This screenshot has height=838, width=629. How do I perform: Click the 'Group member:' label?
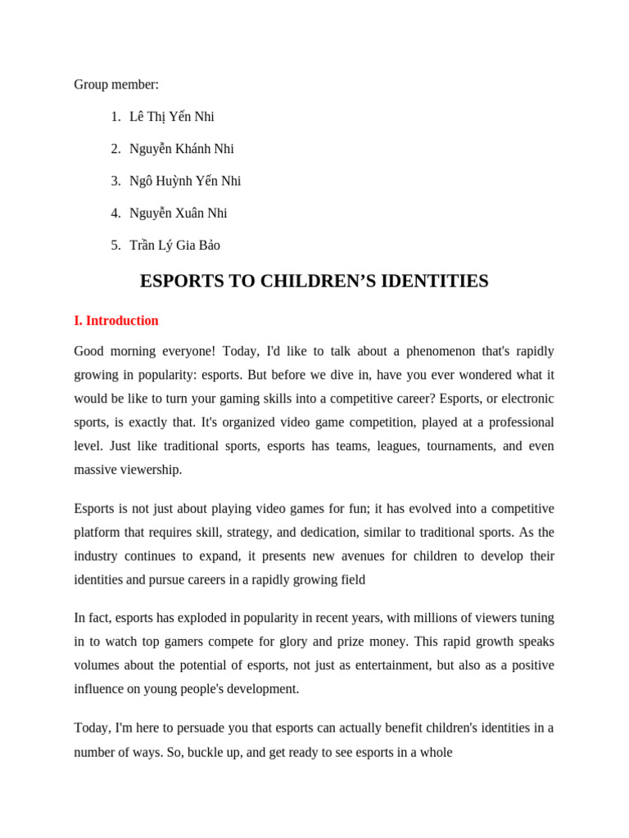tap(116, 84)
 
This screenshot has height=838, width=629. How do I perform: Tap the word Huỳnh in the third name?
tap(174, 181)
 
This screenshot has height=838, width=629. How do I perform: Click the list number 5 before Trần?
tap(115, 245)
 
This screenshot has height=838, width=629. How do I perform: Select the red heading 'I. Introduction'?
tap(116, 321)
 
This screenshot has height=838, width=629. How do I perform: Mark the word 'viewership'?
tap(152, 470)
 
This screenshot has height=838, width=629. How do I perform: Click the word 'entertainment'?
tap(387, 665)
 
